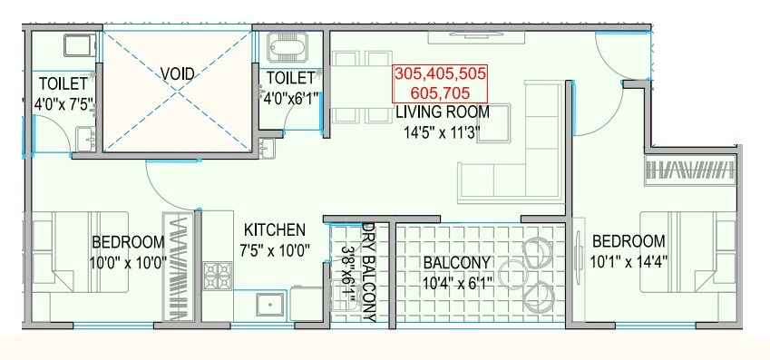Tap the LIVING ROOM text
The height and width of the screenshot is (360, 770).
point(442,112)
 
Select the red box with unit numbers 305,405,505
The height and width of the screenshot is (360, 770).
point(440,83)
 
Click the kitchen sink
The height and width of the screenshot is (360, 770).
point(268,306)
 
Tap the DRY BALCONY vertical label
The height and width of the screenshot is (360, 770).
point(368,272)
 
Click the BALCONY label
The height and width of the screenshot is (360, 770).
point(457,263)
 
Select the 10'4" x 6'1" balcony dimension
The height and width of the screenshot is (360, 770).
point(457,282)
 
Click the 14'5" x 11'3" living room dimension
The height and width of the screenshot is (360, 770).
point(442,132)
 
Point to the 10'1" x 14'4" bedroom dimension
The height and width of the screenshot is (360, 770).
point(628,261)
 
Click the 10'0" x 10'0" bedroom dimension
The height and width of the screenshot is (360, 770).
point(128,262)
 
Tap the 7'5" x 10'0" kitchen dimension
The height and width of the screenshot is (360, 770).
point(273,249)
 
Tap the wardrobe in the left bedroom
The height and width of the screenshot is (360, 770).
point(175,264)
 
